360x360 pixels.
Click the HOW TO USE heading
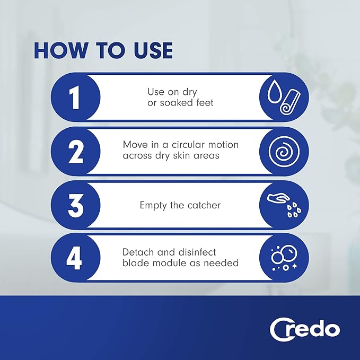(x=103, y=50)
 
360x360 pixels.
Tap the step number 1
(x=75, y=97)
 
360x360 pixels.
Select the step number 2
(x=75, y=151)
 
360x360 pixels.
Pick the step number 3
(x=75, y=205)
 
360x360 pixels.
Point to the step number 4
(x=75, y=259)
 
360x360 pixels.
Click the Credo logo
(x=304, y=329)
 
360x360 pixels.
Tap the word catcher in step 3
(x=203, y=205)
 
